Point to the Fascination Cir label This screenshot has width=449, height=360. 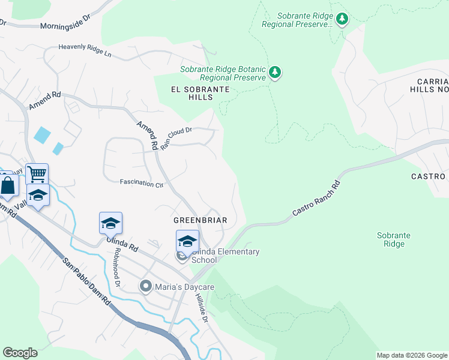[x=142, y=182]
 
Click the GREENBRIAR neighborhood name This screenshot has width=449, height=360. [x=200, y=220]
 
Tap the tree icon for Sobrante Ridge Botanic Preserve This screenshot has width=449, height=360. [x=276, y=73]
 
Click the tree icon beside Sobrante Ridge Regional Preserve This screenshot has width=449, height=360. [x=342, y=19]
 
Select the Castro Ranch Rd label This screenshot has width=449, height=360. [x=316, y=198]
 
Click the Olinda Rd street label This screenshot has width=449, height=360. [x=122, y=244]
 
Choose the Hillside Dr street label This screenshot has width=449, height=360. [x=201, y=310]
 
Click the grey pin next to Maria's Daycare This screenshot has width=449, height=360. [x=145, y=287]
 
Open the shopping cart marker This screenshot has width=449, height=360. [x=37, y=175]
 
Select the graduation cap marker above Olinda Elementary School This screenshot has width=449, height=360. [x=187, y=241]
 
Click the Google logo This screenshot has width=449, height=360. [x=20, y=353]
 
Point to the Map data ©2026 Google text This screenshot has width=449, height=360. [x=412, y=355]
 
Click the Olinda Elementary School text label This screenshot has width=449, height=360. [x=225, y=256]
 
